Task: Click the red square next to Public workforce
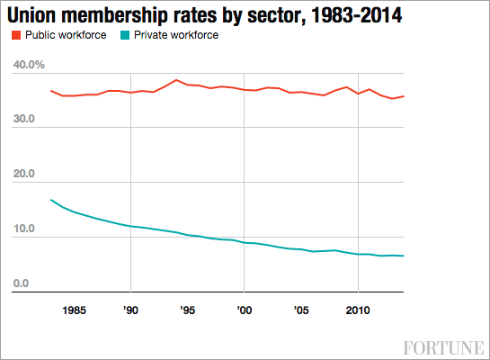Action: (16, 36)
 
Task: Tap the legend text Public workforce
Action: (66, 36)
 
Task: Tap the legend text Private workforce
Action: (176, 36)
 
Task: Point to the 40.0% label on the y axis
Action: (30, 66)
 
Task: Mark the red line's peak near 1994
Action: (176, 80)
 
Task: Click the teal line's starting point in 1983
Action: (51, 200)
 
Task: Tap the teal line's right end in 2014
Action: (403, 256)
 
